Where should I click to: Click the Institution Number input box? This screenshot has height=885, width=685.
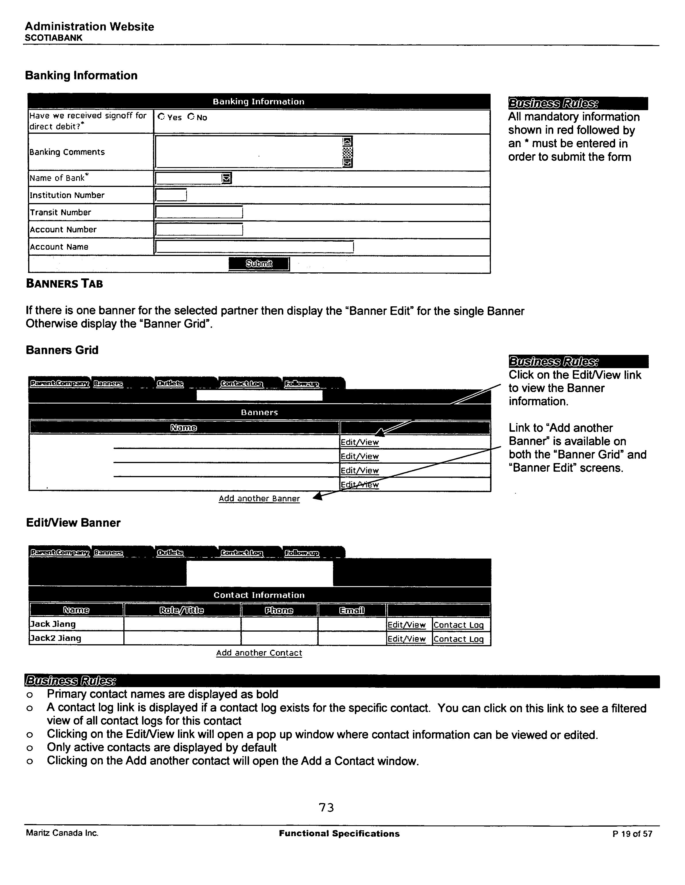pos(171,195)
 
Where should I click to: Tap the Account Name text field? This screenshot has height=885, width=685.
pos(255,247)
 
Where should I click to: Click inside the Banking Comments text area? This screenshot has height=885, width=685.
pos(248,152)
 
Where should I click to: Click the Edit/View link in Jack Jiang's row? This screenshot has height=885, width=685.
pos(406,625)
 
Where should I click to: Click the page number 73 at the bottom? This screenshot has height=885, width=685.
pos(326,808)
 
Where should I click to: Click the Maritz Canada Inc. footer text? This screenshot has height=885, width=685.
pos(62,833)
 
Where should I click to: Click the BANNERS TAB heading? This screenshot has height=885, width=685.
pos(64,284)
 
